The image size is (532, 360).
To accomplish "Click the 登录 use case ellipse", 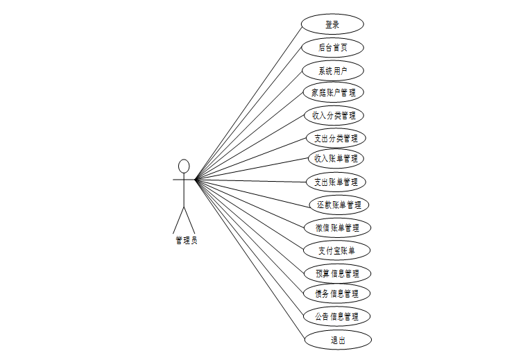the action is click(332, 24).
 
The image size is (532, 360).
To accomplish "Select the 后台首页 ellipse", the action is click(332, 48).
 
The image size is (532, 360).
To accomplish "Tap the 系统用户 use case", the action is click(333, 71).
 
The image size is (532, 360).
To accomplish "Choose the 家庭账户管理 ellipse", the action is click(334, 92).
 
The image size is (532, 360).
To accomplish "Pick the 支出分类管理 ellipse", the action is click(336, 137).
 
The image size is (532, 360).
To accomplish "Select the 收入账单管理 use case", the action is click(336, 158).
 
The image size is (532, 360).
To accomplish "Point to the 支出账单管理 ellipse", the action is click(336, 182).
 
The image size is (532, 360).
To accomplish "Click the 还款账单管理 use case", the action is click(338, 205).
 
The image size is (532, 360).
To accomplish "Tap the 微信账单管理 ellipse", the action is click(338, 228).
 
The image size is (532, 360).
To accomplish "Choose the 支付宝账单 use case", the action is click(336, 250).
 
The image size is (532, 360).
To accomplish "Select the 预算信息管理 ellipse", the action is click(337, 273).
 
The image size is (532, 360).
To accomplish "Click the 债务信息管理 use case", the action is click(337, 293).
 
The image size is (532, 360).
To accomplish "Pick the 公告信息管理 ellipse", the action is click(337, 316).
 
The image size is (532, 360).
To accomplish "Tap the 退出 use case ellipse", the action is click(338, 340).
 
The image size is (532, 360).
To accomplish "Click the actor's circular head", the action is click(184, 166).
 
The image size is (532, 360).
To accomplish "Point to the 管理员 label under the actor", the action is click(186, 241).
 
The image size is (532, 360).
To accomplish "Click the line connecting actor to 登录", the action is click(249, 103).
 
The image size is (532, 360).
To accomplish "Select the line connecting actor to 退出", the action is click(250, 259).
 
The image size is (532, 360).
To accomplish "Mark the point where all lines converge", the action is click(196, 180).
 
